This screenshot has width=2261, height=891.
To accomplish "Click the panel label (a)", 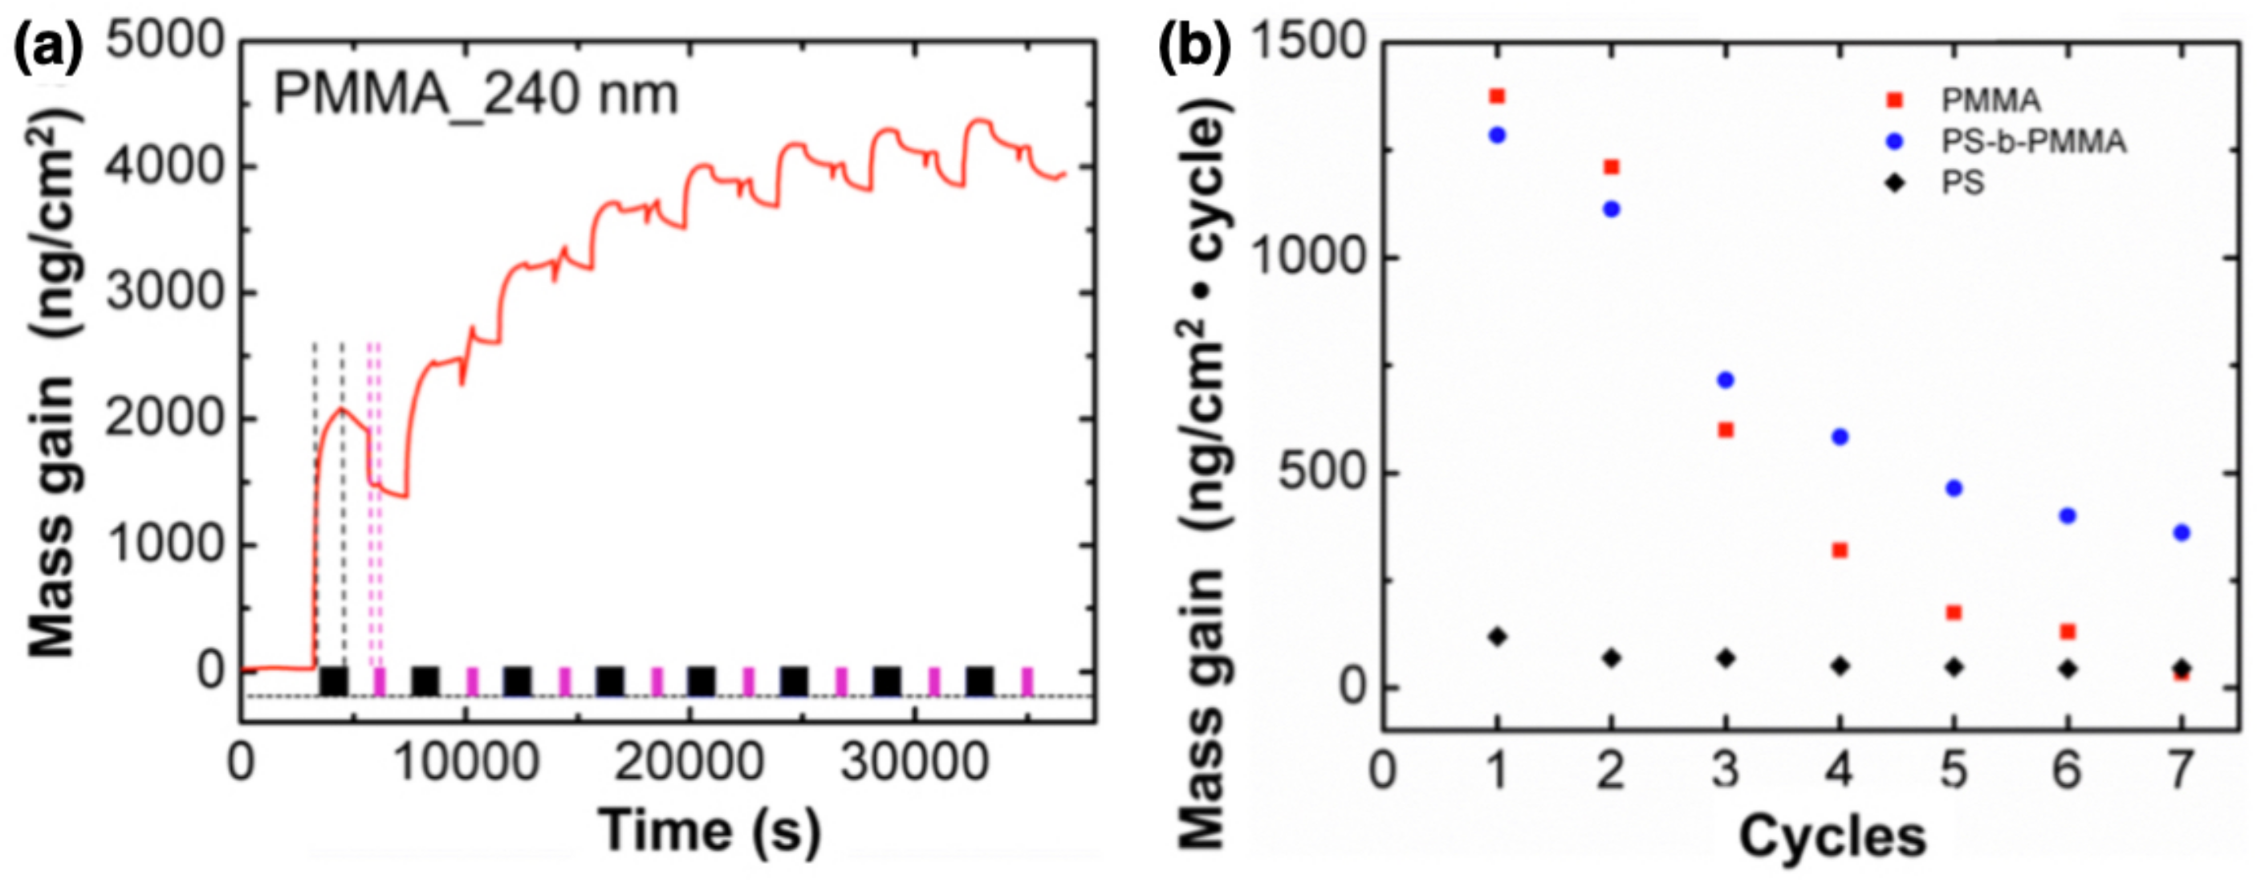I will (x=48, y=47).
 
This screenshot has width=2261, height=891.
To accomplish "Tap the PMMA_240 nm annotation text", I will (x=477, y=94).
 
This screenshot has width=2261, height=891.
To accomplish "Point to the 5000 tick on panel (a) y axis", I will (x=164, y=41).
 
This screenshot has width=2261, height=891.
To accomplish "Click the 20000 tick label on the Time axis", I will (x=689, y=762).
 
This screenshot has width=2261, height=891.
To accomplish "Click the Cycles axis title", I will (x=1832, y=836).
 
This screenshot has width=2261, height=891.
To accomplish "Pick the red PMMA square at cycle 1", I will (x=1498, y=96).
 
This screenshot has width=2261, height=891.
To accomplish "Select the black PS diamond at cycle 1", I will (x=1498, y=637).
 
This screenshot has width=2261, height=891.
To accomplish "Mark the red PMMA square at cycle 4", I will (x=1840, y=551).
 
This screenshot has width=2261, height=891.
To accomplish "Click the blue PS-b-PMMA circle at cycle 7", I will (x=2182, y=533).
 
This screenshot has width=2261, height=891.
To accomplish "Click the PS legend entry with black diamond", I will (x=1962, y=182).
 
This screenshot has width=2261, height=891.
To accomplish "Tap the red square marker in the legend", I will (x=1895, y=100).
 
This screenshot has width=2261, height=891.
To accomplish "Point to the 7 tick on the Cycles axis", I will (x=2182, y=770).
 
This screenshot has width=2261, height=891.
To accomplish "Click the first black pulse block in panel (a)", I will (x=334, y=681).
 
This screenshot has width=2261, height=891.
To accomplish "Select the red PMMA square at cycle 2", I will (x=1612, y=167).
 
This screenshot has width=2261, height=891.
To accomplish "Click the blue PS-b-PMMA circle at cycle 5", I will (x=1954, y=488).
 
